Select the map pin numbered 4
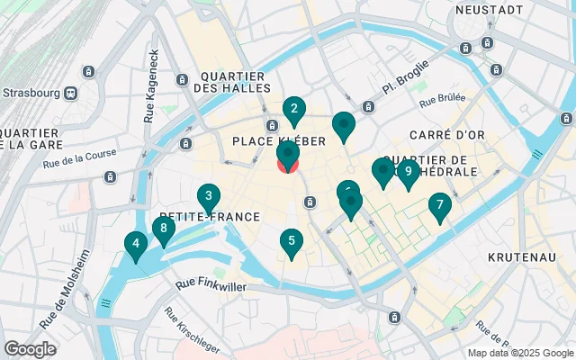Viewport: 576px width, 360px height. [136, 244]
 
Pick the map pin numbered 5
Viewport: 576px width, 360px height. [290, 241]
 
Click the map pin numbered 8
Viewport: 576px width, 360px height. [163, 229]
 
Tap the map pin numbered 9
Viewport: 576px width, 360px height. [409, 172]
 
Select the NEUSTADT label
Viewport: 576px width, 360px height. [490, 10]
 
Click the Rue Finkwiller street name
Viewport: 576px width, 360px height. [214, 285]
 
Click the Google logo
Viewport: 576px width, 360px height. [30, 348]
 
